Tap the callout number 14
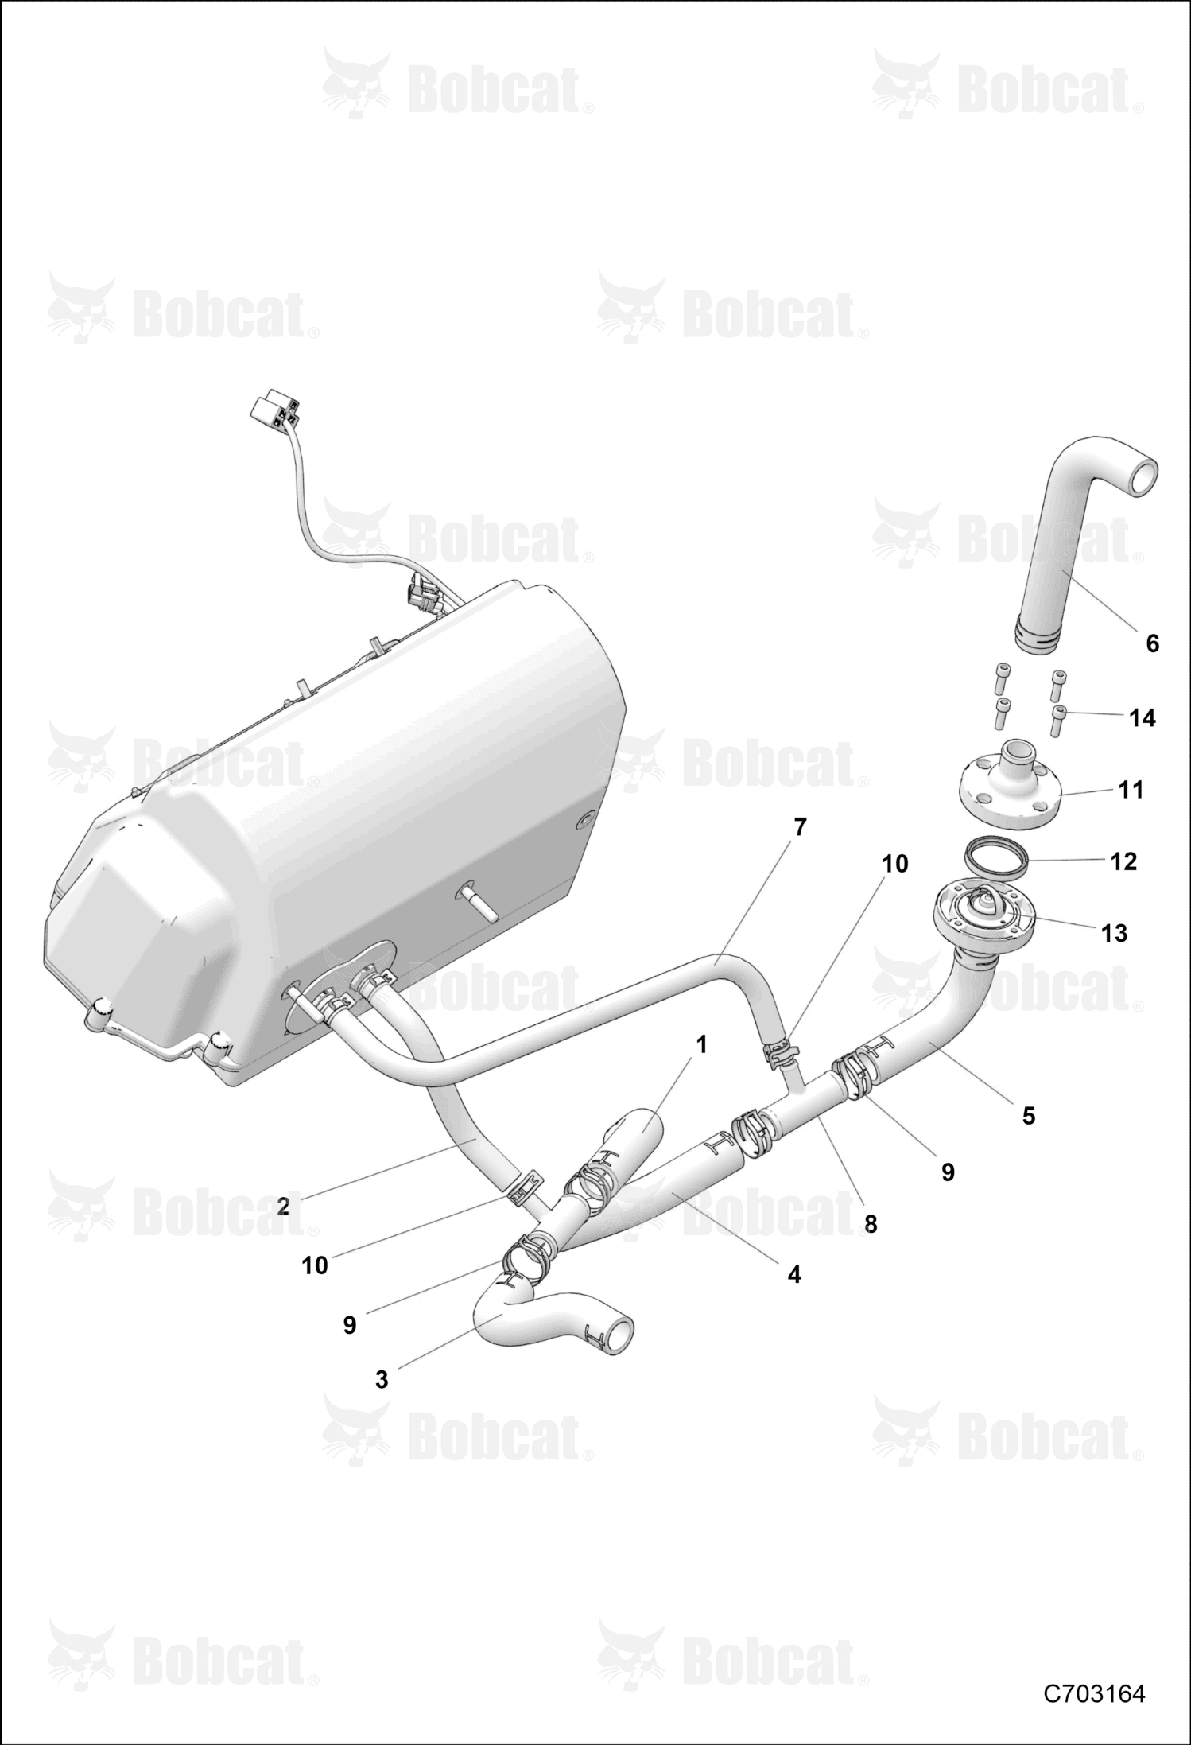click(1143, 717)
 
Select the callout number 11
click(1131, 790)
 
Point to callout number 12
click(1123, 861)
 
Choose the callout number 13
click(1115, 933)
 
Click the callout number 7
click(800, 827)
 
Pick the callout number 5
click(1029, 1116)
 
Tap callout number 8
click(871, 1224)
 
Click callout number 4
click(794, 1274)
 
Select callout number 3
click(382, 1379)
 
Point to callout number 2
click(283, 1207)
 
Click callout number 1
click(701, 1044)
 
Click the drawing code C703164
click(1094, 1693)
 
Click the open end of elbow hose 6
click(1144, 478)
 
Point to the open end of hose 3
click(620, 1335)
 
